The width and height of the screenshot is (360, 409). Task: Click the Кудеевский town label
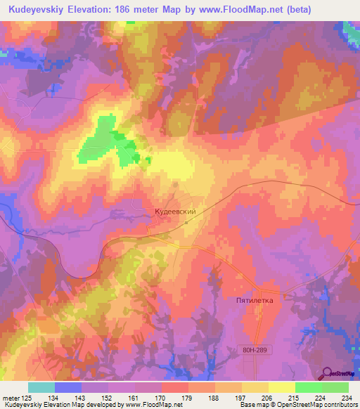(x=179, y=210)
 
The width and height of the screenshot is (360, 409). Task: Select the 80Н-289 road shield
(x=253, y=349)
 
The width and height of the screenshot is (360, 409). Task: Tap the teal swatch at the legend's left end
(x=41, y=387)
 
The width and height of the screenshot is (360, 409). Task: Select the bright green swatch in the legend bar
(x=308, y=387)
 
